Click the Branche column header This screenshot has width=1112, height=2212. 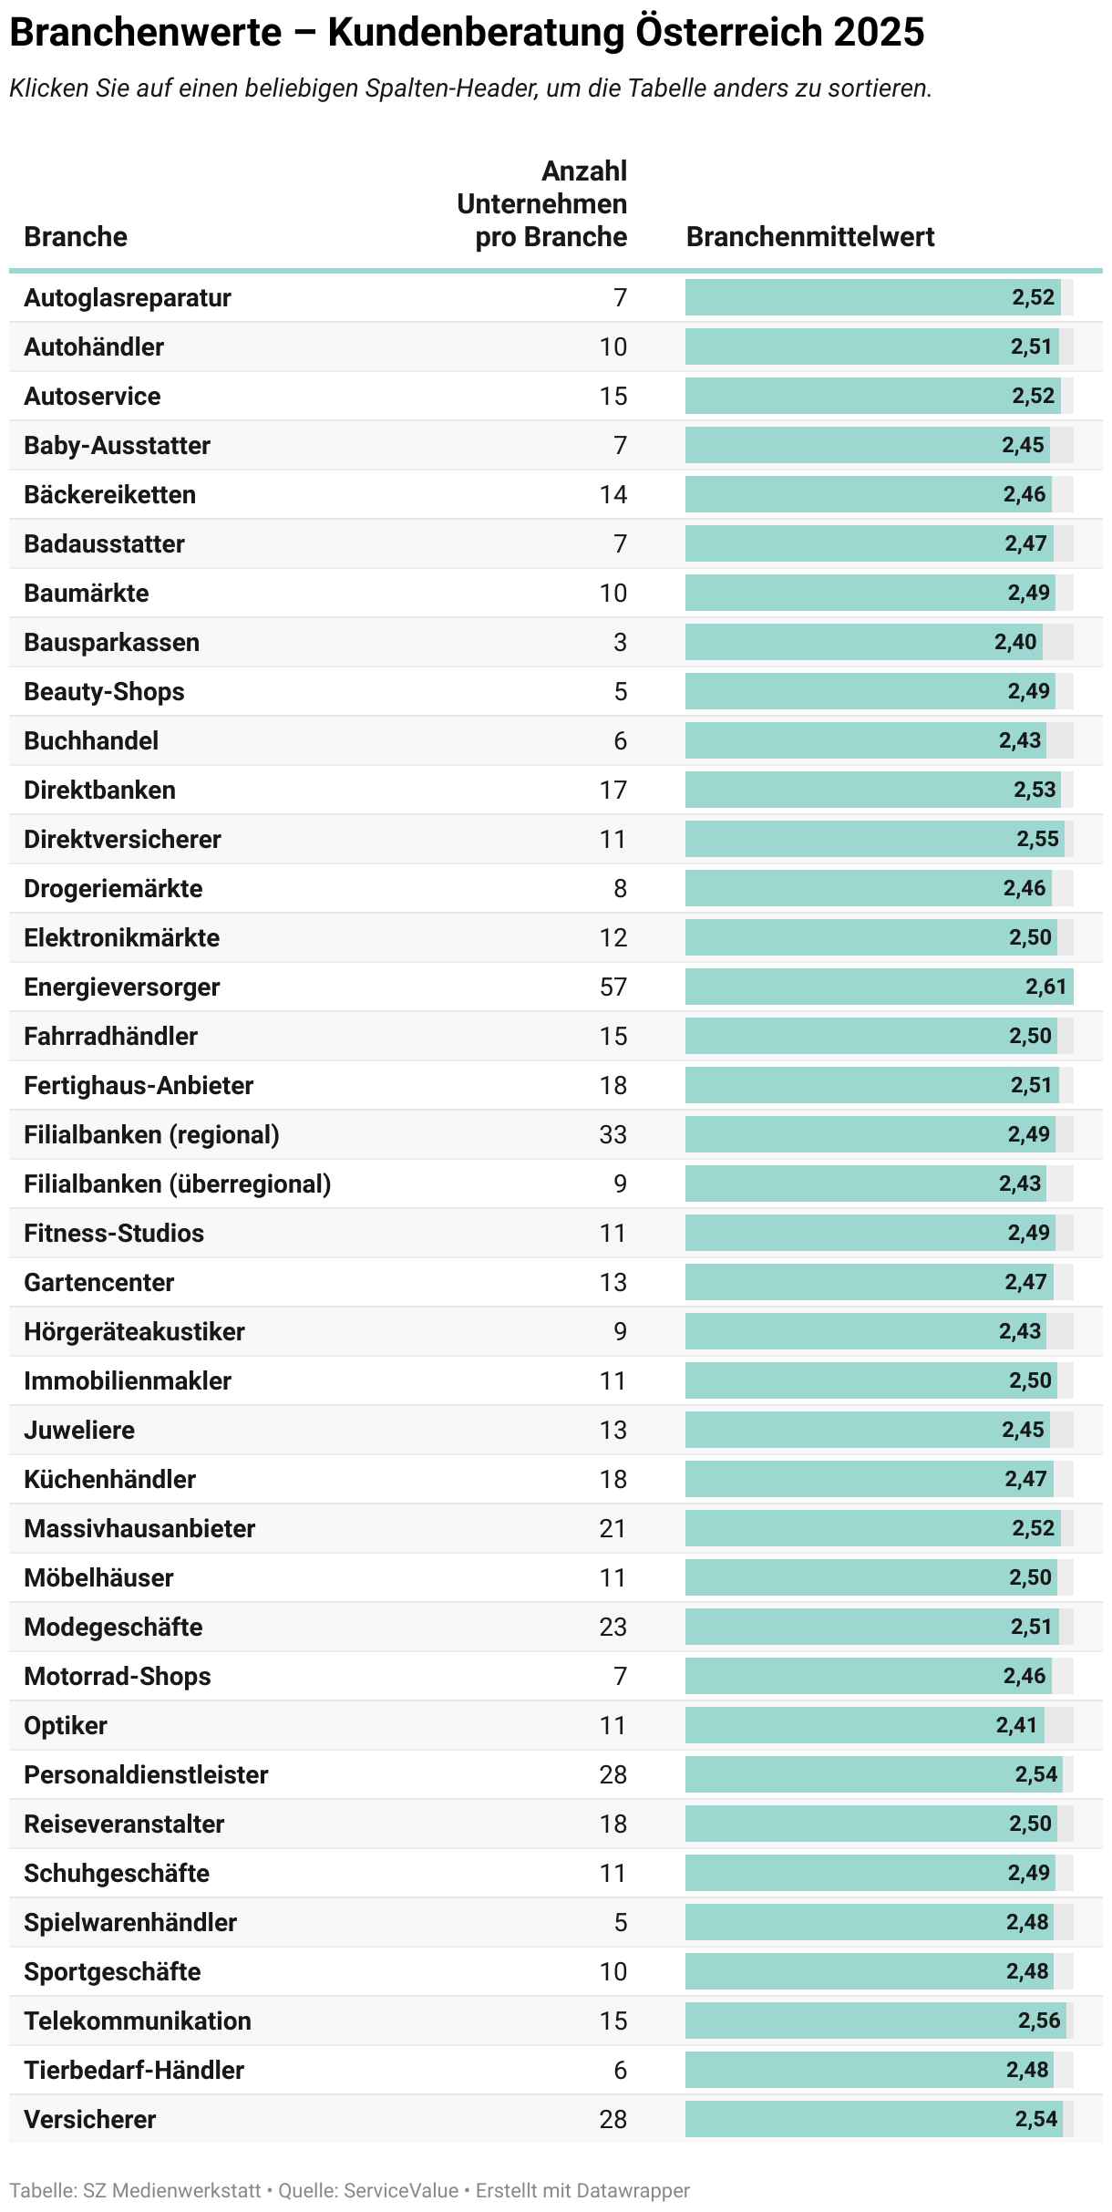(76, 237)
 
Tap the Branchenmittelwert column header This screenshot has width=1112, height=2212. (810, 237)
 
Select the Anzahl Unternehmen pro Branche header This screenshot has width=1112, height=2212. (542, 204)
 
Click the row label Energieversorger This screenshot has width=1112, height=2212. (122, 987)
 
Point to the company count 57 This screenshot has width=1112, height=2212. (613, 987)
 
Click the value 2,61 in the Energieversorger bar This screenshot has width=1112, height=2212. (1045, 987)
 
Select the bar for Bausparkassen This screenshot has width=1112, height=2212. (864, 642)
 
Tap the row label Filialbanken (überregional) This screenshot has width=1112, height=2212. (178, 1184)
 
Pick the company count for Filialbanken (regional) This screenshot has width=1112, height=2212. (613, 1134)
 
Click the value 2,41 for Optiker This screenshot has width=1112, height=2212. (1016, 1725)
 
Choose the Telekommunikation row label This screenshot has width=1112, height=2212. (138, 2021)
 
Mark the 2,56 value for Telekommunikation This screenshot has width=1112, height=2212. (1039, 2021)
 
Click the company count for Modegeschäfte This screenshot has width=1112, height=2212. (613, 1627)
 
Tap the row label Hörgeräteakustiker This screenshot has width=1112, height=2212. (134, 1331)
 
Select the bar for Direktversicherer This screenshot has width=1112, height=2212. (874, 839)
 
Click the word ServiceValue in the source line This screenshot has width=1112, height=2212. (401, 2190)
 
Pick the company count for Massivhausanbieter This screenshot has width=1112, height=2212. (613, 1528)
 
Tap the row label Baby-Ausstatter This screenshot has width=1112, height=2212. (117, 445)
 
